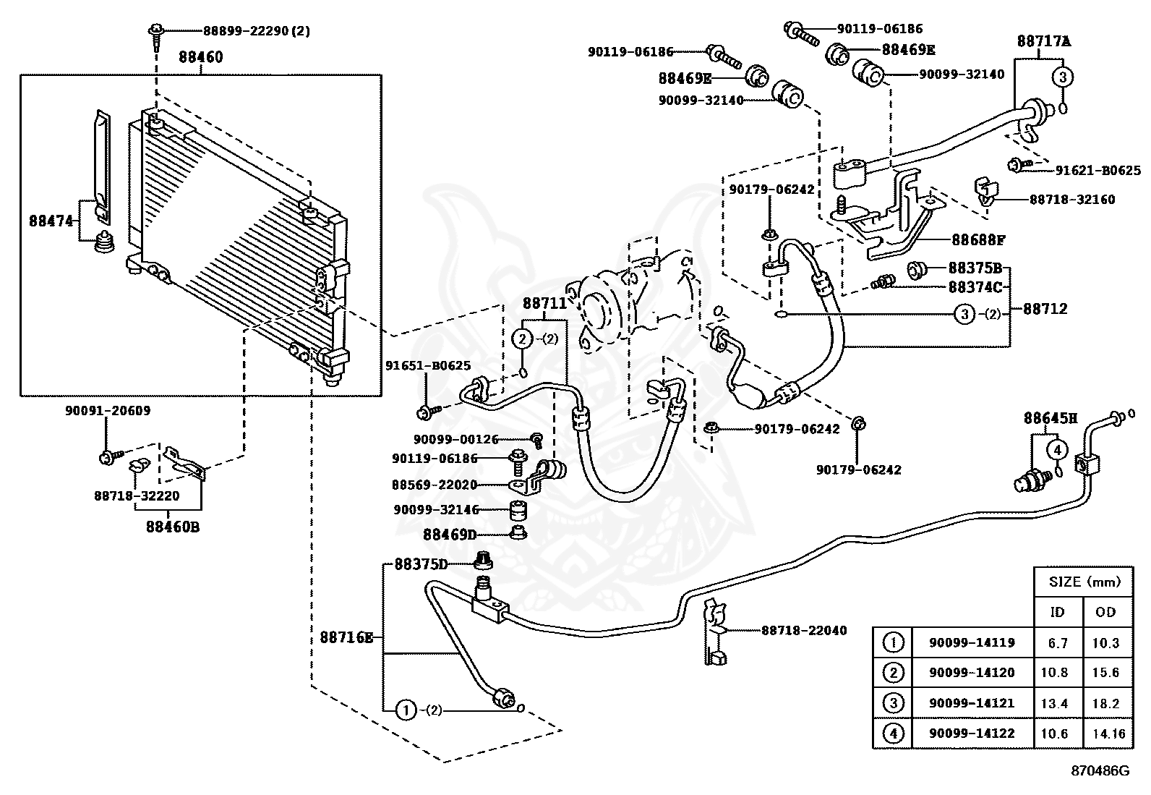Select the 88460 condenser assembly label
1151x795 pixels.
click(x=201, y=57)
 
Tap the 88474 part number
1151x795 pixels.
click(x=51, y=221)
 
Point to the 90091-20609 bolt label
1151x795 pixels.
click(x=108, y=411)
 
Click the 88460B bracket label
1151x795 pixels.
click(x=173, y=527)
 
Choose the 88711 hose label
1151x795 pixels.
click(x=544, y=303)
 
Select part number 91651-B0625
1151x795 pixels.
click(x=428, y=365)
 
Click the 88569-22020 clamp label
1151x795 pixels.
click(x=435, y=485)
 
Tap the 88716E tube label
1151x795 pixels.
click(x=346, y=637)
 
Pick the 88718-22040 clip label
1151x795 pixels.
click(x=804, y=631)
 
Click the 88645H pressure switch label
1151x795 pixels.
click(x=1051, y=418)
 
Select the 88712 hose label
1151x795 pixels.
click(x=1045, y=309)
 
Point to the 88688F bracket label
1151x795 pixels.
click(x=978, y=240)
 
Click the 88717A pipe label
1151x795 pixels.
click(x=1044, y=41)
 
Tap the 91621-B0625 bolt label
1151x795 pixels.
click(x=1098, y=170)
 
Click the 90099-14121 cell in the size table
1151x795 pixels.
click(x=972, y=703)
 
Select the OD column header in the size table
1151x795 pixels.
click(x=1105, y=612)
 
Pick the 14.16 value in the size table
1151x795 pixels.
click(x=1109, y=734)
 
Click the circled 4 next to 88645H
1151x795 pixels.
click(x=1057, y=451)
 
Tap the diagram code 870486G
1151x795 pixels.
click(x=1100, y=771)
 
